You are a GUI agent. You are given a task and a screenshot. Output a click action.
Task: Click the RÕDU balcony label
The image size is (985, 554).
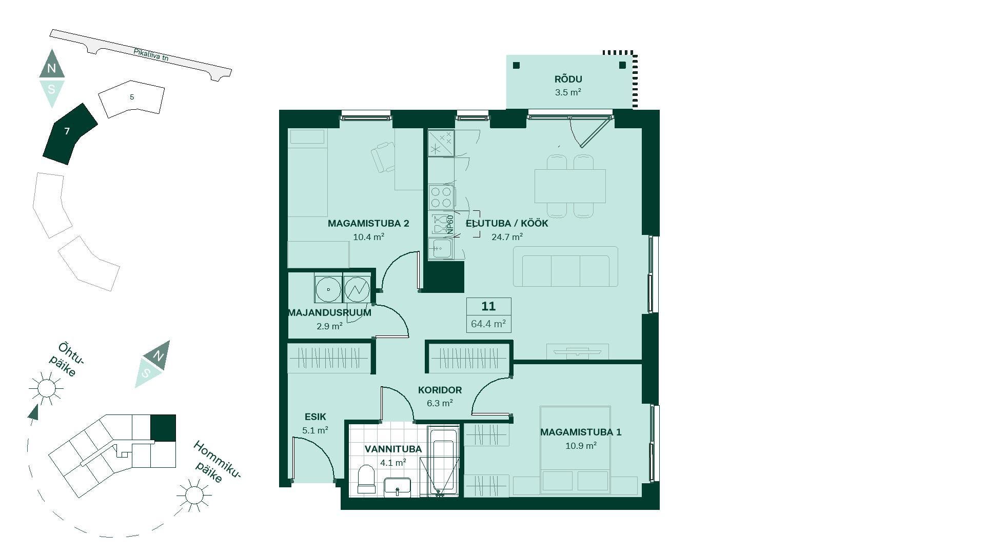pyautogui.click(x=568, y=80)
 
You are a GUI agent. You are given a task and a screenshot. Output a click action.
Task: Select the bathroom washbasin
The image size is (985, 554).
pyautogui.click(x=398, y=487)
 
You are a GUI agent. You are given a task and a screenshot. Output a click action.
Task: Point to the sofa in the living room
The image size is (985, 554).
pyautogui.click(x=566, y=266)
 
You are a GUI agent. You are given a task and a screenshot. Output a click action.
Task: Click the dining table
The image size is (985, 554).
pyautogui.click(x=570, y=186)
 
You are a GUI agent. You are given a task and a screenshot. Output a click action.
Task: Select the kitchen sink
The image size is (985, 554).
pyautogui.click(x=441, y=249)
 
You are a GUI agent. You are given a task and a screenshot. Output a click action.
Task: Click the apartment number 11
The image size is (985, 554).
pyautogui.click(x=488, y=306)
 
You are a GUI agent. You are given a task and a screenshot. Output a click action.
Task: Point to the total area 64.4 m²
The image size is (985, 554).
pyautogui.click(x=488, y=324)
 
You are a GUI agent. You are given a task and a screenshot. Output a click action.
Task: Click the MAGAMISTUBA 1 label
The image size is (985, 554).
pyautogui.click(x=581, y=432)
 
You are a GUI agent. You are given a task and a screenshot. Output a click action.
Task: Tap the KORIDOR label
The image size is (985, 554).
pyautogui.click(x=440, y=390)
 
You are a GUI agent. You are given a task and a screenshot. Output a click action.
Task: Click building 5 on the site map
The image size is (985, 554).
pyautogui.click(x=132, y=98)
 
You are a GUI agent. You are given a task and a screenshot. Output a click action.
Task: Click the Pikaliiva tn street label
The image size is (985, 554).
pyautogui.click(x=151, y=55)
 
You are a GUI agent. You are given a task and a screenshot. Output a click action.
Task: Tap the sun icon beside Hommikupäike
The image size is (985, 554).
pyautogui.click(x=194, y=495)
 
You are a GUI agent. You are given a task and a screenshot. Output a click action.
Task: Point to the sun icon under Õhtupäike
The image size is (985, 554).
pyautogui.click(x=46, y=388)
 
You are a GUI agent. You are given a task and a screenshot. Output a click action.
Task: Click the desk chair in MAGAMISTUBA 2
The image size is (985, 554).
pyautogui.click(x=383, y=157)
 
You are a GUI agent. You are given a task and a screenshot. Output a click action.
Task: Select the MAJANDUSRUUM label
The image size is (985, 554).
pyautogui.click(x=329, y=312)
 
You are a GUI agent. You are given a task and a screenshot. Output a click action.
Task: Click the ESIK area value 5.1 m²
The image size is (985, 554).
pyautogui.click(x=315, y=430)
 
